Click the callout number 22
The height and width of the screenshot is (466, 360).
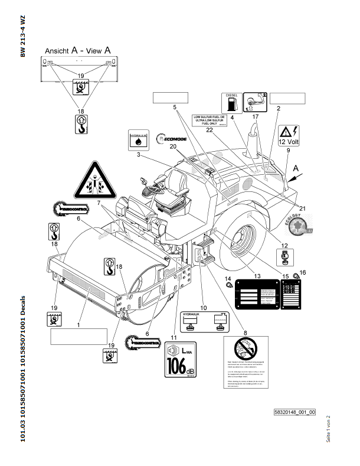click(x=210, y=131)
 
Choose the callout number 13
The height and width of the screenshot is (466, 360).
click(x=256, y=275)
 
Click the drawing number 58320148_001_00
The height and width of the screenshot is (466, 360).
click(x=295, y=412)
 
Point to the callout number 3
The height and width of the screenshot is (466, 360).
click(x=138, y=155)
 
